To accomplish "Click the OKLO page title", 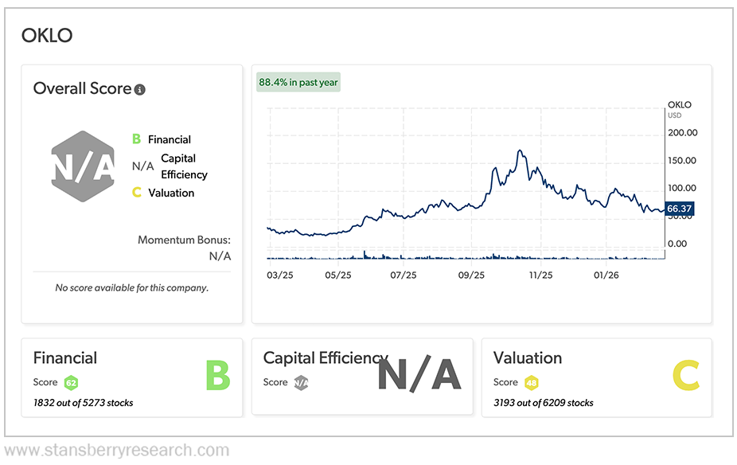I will tap(46, 35).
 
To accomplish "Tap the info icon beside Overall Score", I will tap(140, 90).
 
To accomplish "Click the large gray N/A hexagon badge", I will tap(84, 166).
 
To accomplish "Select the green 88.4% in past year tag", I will tap(298, 82).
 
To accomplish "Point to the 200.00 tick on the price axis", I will tap(682, 133).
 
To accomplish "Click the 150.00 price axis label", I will tap(682, 160).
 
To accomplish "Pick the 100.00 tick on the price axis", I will tap(682, 188).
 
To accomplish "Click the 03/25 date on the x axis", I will tap(279, 275).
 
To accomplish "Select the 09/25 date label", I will tap(471, 275).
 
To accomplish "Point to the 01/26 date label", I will tap(606, 275).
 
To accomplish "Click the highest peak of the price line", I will tap(520, 150).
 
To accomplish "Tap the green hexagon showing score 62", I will tap(71, 383).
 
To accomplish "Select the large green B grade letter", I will tap(217, 376).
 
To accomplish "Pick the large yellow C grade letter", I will tap(685, 376).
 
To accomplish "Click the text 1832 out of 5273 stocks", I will tap(84, 403).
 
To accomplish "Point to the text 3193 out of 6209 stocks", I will tap(544, 403).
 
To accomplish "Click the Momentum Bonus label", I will tap(184, 240).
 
